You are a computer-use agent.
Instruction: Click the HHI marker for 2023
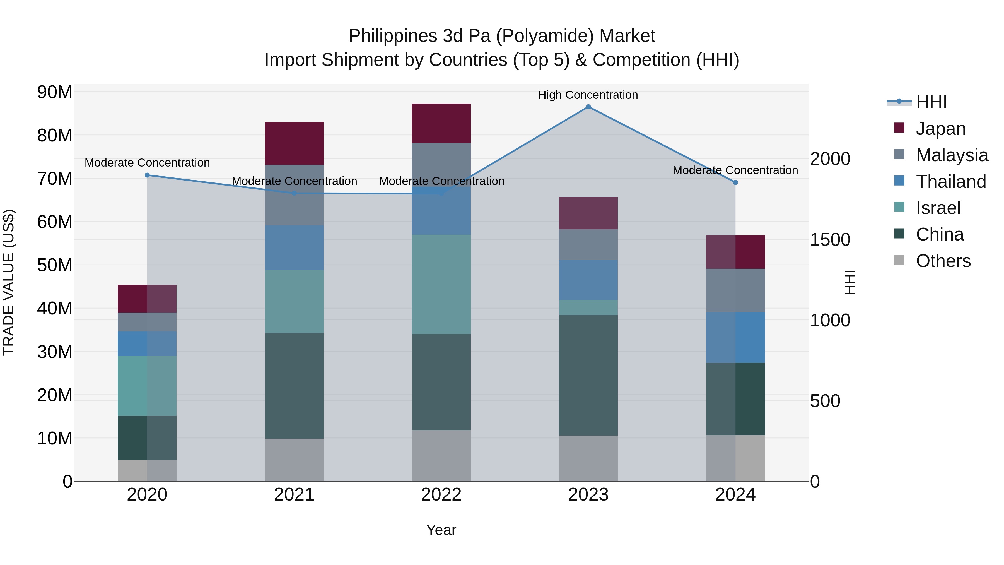[588, 107]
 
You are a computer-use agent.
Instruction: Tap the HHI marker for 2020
[147, 175]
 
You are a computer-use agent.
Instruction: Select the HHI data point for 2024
[735, 182]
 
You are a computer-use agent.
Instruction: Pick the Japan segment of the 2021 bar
[294, 143]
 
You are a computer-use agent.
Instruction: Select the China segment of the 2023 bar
[588, 375]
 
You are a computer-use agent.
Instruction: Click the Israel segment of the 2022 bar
[441, 284]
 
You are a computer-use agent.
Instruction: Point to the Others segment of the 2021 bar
[294, 460]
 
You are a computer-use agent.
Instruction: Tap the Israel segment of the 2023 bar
[588, 307]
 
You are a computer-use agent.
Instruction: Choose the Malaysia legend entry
[952, 155]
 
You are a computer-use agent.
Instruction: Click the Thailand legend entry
[951, 182]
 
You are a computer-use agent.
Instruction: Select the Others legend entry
[943, 261]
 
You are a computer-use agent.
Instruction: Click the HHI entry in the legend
[931, 102]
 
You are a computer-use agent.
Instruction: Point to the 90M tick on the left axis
[55, 92]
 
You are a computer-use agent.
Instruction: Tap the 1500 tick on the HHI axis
[830, 239]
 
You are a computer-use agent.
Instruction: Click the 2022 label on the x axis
[441, 495]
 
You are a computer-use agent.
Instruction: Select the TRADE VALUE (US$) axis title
[9, 282]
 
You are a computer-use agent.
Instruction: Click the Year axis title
[441, 530]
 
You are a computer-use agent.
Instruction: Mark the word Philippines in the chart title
[393, 36]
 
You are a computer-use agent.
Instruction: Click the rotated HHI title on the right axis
[850, 282]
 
